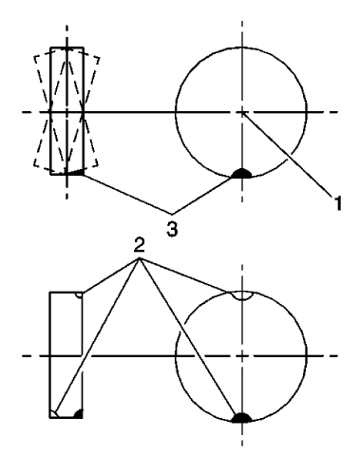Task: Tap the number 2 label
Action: pyautogui.click(x=140, y=246)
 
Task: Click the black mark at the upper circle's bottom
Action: pyautogui.click(x=242, y=173)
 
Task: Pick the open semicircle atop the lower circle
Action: pyautogui.click(x=242, y=296)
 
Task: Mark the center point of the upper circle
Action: pyautogui.click(x=242, y=112)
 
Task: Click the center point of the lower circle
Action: pyautogui.click(x=242, y=355)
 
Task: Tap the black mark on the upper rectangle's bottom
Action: pyautogui.click(x=76, y=172)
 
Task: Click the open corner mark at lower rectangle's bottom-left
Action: pyautogui.click(x=56, y=413)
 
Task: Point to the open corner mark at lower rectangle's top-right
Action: pyautogui.click(x=81, y=296)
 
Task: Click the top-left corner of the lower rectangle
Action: pyautogui.click(x=49, y=293)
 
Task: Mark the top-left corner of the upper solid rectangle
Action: pyautogui.click(x=49, y=47)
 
